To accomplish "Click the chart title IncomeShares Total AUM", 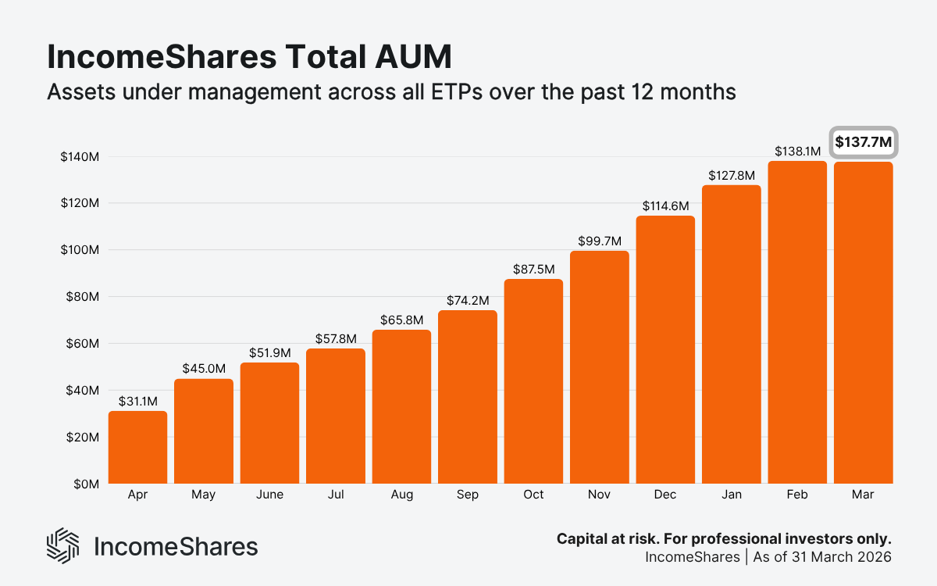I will point(248,58).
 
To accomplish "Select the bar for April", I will point(137,447).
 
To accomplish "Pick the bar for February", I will point(797,322).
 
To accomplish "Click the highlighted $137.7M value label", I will point(864,142).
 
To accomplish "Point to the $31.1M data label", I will point(137,401).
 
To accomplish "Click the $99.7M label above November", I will point(599,241).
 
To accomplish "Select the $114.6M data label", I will point(665,206).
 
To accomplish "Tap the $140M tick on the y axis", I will point(79,157).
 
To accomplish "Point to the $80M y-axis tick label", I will point(81,297).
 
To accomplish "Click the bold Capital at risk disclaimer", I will point(724,539).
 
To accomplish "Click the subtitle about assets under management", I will point(391,92).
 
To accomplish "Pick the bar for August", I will point(401,406).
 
